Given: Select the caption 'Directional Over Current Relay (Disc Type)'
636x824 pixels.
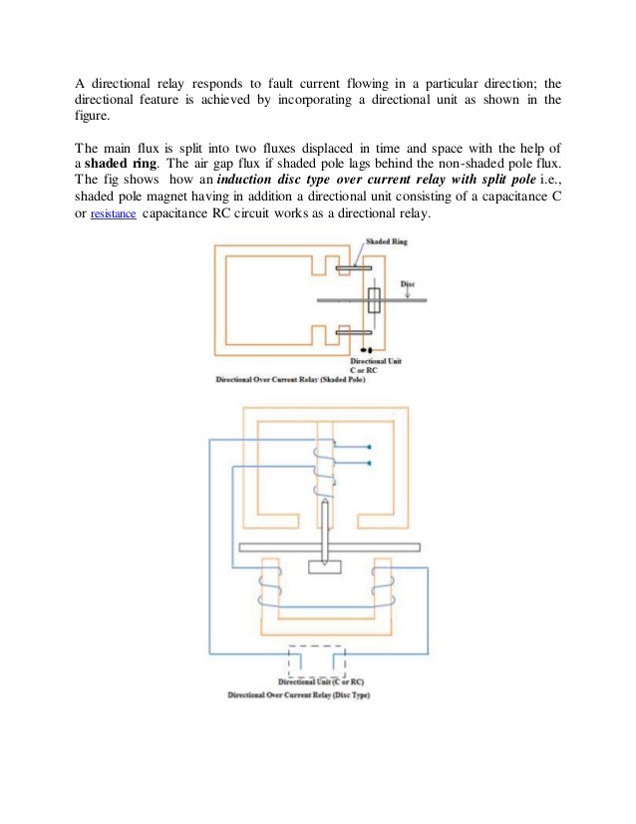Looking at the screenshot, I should tap(299, 693).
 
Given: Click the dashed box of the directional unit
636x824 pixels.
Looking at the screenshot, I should tap(317, 659).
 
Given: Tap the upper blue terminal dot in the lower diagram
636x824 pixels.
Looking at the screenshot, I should tap(369, 445).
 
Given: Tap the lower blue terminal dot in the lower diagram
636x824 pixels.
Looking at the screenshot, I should tap(369, 463).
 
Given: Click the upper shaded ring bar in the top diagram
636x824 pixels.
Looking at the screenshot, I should tap(353, 267).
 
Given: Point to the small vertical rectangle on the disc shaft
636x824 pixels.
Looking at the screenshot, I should tap(374, 299).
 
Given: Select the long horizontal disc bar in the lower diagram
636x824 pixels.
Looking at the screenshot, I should tap(329, 547).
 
